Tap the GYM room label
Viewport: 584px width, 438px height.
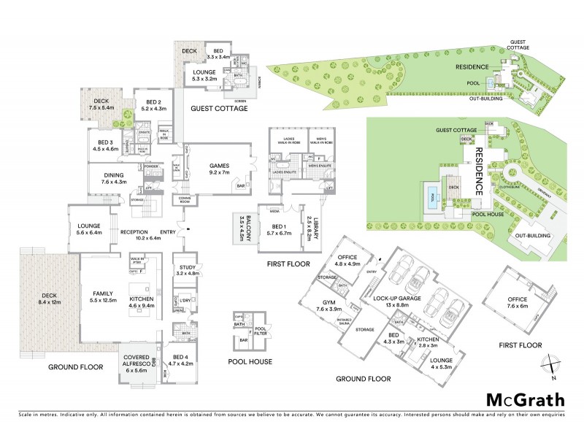tap(324, 304)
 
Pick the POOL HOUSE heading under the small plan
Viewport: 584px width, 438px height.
tap(250, 361)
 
